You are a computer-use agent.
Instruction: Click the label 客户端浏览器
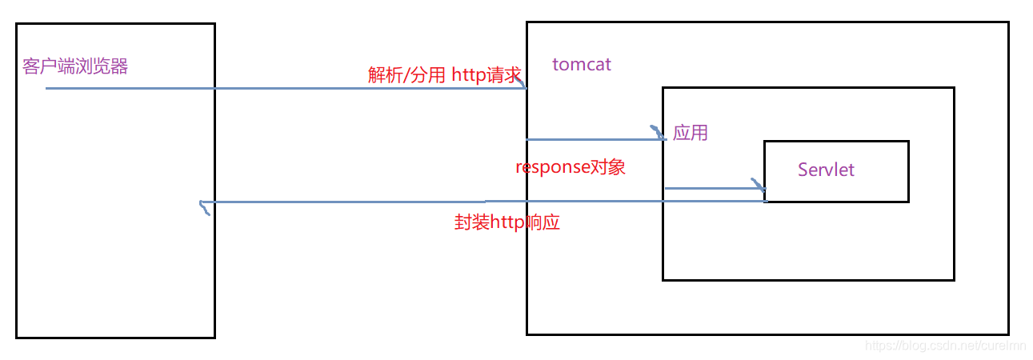[75, 66]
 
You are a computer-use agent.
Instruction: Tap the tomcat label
[582, 65]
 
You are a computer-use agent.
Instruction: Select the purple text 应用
[691, 133]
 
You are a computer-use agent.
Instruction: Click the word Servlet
[826, 170]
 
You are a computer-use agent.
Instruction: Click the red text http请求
[486, 75]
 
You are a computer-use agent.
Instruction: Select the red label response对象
[570, 167]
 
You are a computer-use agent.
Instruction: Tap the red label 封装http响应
[506, 222]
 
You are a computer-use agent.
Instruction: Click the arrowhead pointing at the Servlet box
[758, 186]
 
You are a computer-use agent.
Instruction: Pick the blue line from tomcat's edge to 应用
[592, 139]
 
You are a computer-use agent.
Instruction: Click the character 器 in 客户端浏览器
[119, 66]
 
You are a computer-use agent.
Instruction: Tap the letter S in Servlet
[803, 170]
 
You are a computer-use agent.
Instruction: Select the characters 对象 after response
[607, 167]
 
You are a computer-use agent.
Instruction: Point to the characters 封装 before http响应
[466, 222]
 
